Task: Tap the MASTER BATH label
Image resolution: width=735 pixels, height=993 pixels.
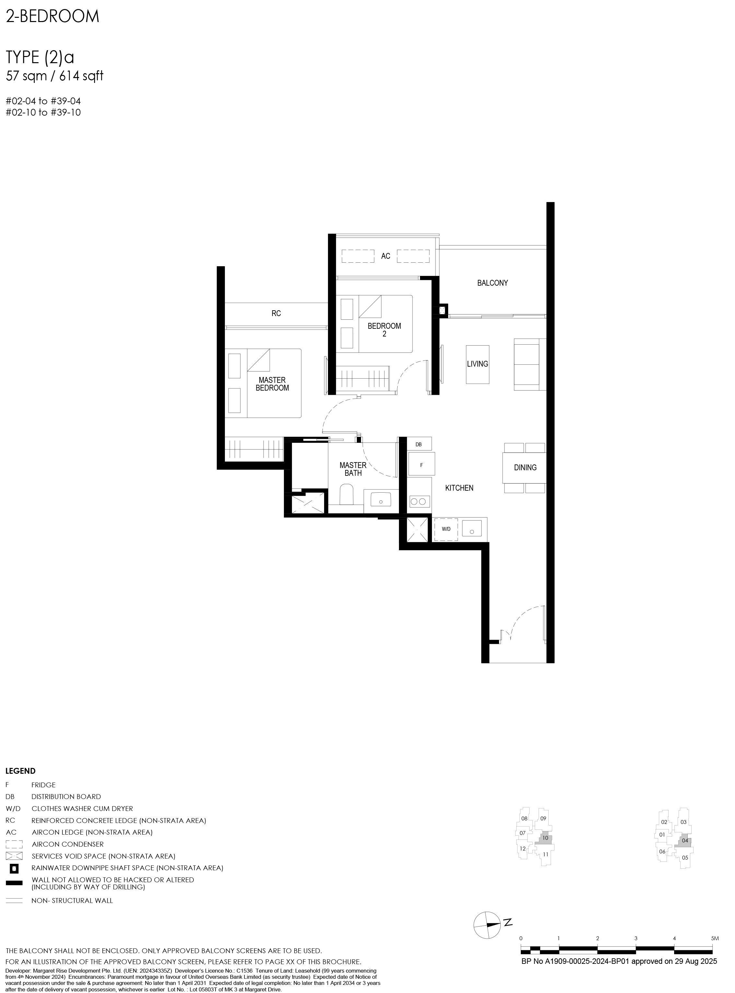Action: pos(353,469)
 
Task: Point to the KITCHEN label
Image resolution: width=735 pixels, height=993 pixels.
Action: pos(459,488)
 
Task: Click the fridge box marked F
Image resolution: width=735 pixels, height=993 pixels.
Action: pos(421,465)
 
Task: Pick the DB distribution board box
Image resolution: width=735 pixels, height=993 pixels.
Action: pos(419,444)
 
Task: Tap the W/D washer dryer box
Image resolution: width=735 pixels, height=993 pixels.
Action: pos(446,529)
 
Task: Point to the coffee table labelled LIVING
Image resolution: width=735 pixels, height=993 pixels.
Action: pos(477,364)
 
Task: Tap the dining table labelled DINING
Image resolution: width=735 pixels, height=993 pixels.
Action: pos(525,467)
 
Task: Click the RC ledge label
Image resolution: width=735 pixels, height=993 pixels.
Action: pos(276,314)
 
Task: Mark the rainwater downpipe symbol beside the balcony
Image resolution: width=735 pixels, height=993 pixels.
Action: pos(443,310)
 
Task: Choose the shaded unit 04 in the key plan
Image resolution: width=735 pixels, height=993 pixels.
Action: pos(684,840)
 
